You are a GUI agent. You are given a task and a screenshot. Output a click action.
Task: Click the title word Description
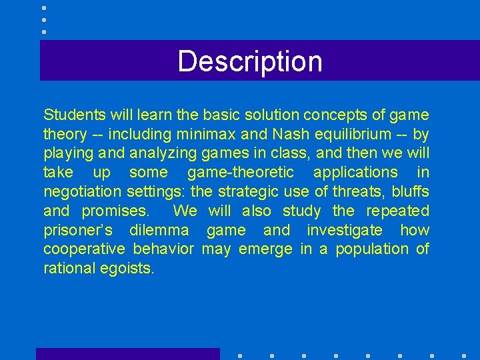(250, 61)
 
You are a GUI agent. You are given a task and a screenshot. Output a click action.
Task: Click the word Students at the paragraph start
(71, 115)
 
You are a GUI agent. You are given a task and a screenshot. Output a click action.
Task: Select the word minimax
(194, 134)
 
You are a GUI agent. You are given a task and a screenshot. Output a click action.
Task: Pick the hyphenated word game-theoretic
(241, 173)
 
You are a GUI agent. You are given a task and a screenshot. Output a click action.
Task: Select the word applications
(355, 173)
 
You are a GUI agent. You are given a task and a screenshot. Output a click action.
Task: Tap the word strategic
(247, 192)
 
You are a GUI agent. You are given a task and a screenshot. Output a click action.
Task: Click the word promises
(115, 211)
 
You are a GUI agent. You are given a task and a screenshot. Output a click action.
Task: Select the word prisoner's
(78, 231)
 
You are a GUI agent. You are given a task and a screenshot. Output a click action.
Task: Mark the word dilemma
(159, 231)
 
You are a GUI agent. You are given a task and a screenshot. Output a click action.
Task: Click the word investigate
(345, 231)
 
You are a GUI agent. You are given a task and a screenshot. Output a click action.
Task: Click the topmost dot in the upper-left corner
(43, 8)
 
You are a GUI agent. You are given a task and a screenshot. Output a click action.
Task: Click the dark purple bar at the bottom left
(127, 354)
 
